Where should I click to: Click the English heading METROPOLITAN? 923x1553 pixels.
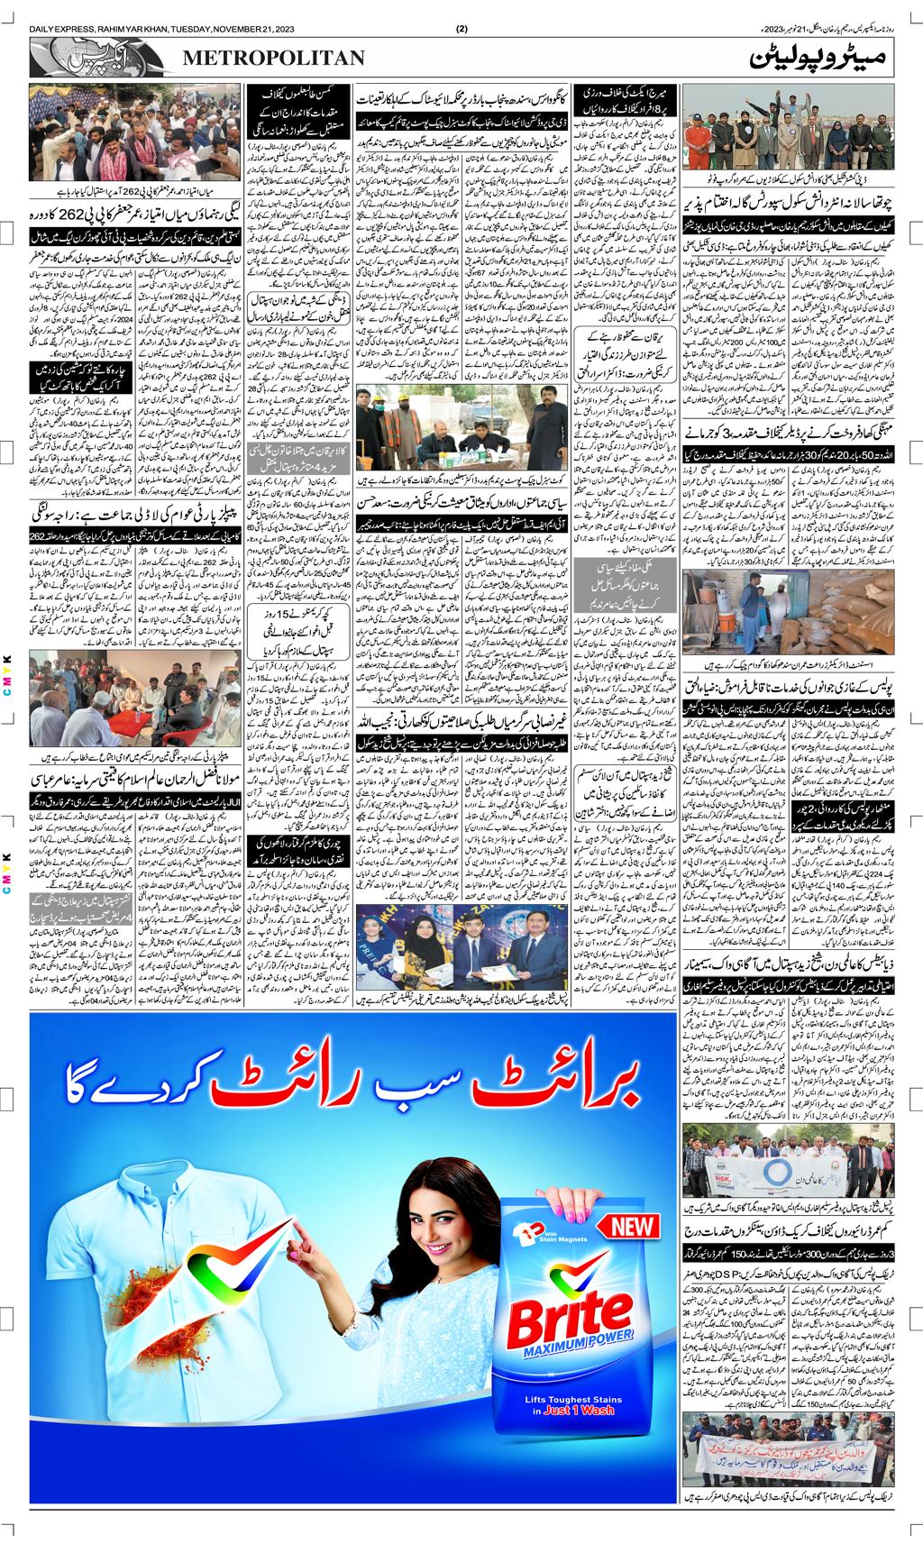pyautogui.click(x=274, y=59)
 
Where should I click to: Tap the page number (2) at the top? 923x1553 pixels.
pyautogui.click(x=462, y=29)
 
